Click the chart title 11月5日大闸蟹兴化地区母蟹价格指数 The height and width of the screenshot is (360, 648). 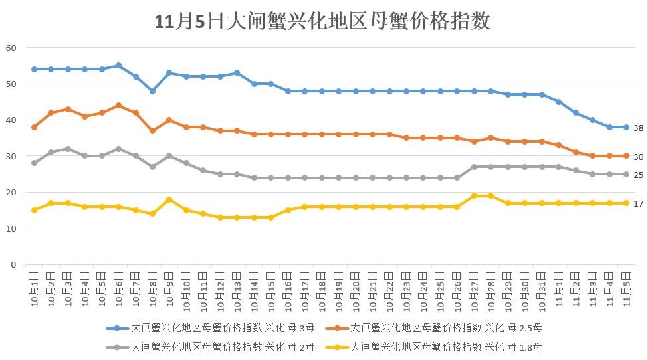click(x=322, y=21)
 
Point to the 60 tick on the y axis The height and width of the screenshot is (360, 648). click(x=11, y=48)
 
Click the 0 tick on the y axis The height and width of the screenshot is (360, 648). click(x=13, y=264)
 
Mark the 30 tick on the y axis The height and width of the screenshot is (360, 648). click(x=11, y=156)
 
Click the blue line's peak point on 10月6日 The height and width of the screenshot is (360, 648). click(x=118, y=66)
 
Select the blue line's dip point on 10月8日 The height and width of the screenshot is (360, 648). click(x=152, y=91)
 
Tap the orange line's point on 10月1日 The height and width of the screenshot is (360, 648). click(x=34, y=127)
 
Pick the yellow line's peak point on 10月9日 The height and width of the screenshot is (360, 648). click(x=169, y=199)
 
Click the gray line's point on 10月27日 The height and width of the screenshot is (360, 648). click(x=474, y=167)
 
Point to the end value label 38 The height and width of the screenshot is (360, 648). click(x=638, y=128)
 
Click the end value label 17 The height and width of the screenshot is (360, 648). click(x=638, y=203)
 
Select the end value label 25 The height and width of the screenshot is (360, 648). click(x=638, y=175)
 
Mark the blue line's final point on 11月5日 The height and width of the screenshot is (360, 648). click(x=626, y=127)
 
